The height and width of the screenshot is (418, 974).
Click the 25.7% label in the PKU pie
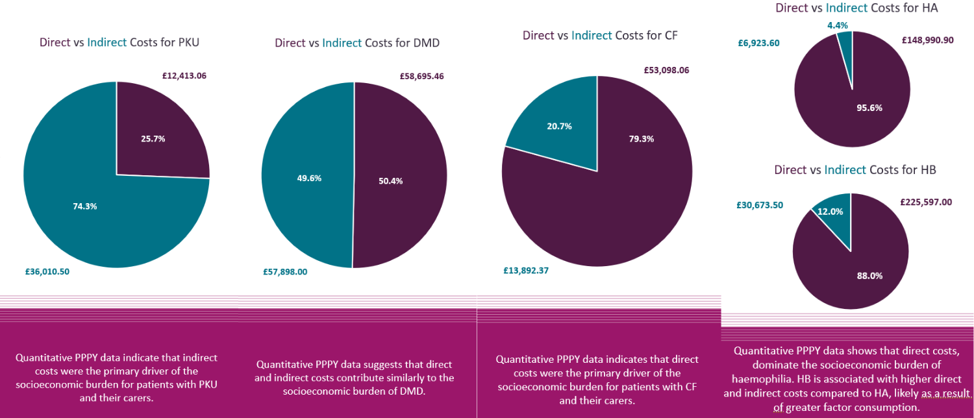[x=153, y=138]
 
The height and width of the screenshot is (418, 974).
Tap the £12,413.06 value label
[x=184, y=75]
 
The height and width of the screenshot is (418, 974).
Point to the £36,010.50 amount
[x=47, y=271]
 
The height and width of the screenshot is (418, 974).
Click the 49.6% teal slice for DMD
[x=309, y=178]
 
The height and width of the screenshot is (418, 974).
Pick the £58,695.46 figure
[x=421, y=76]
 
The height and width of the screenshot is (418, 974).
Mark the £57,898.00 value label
[x=285, y=272]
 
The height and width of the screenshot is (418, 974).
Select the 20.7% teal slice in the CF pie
[x=558, y=127]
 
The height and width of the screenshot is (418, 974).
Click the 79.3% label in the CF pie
[x=641, y=139]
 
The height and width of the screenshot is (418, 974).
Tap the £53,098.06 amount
[x=666, y=70]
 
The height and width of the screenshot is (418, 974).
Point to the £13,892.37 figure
[x=526, y=271]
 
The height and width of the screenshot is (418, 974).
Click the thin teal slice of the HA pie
[x=845, y=42]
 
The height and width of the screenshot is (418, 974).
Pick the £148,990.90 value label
[x=928, y=40]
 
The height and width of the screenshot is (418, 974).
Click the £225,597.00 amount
[x=926, y=202]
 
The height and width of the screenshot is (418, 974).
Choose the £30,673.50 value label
[x=760, y=204]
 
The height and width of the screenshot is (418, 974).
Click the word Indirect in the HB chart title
[x=845, y=169]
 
